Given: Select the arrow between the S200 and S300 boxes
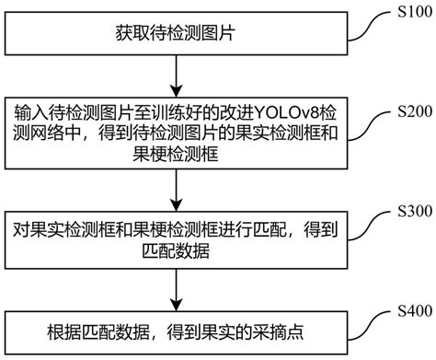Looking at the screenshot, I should tap(177, 188).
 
